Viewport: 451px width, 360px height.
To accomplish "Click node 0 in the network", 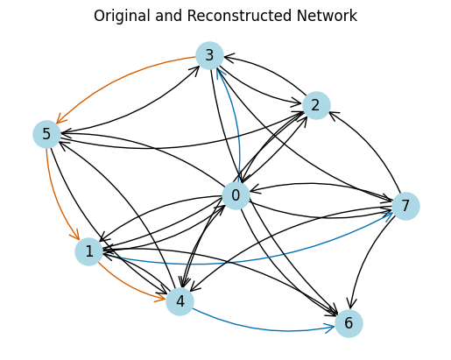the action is tap(236, 195).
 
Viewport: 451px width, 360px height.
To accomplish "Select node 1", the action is tap(89, 251).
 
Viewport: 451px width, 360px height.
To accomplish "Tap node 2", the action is tap(316, 105).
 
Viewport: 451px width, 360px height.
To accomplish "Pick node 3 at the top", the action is tap(209, 55).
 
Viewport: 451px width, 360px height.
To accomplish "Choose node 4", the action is tap(180, 301).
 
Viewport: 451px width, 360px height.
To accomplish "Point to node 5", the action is tap(46, 134).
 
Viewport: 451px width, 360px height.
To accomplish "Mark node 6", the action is tap(349, 323).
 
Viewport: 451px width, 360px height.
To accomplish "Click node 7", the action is tap(405, 206).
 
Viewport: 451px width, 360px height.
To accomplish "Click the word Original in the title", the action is tap(123, 16).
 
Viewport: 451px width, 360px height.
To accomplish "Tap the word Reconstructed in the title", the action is tap(239, 16).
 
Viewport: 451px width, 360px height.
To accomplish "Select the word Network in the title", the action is tap(327, 16).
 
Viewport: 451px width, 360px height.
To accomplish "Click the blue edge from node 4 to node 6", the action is tap(263, 327).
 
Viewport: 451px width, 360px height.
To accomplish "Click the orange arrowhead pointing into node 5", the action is tap(60, 119).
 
